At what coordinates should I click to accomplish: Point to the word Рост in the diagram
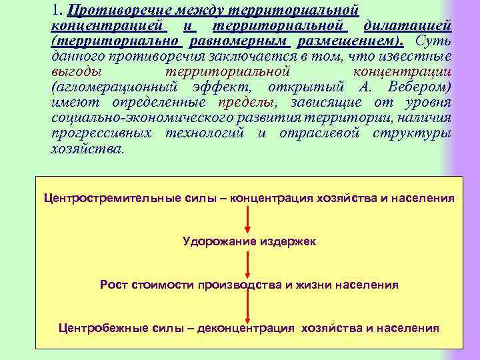[115, 285]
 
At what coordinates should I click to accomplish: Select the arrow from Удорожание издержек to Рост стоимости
[249, 263]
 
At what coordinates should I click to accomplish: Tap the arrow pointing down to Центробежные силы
[249, 307]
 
